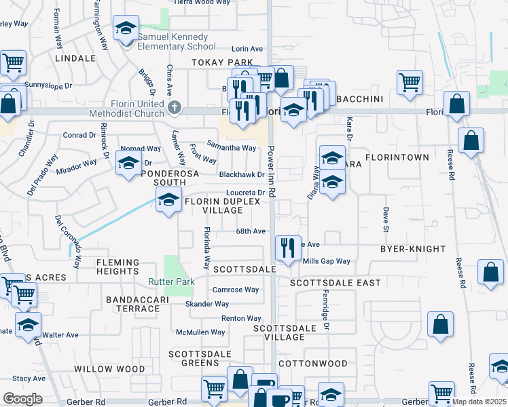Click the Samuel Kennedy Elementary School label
177,41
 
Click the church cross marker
175,106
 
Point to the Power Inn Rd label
271,173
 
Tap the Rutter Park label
172,282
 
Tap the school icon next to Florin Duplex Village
168,200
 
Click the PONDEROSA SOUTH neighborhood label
158,178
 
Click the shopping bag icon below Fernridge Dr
440,324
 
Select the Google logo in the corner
22,398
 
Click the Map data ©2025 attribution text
479,402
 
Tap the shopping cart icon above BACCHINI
409,82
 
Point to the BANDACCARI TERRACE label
132,303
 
